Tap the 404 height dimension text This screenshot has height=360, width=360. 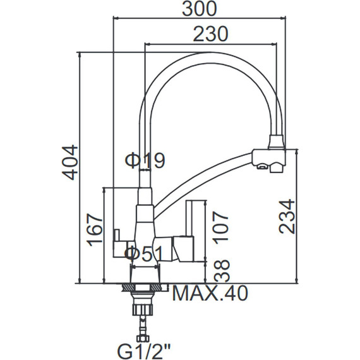[x=71, y=162]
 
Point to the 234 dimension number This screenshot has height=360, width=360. [x=287, y=216]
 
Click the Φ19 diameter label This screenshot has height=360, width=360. [x=145, y=160]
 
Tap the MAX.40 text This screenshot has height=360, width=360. [x=209, y=294]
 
